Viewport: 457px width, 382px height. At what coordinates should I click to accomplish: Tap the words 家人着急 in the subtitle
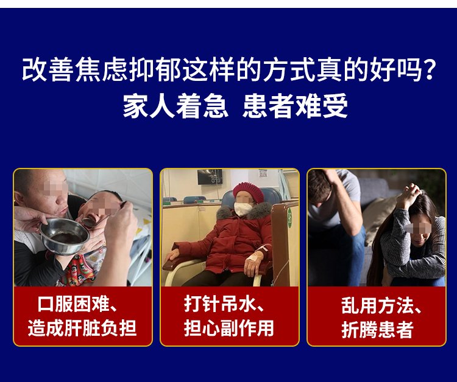175,106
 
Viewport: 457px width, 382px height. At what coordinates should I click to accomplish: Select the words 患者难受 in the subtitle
296,106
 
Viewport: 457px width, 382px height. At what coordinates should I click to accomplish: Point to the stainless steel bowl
64,236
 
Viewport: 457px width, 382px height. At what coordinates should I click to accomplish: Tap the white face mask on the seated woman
243,209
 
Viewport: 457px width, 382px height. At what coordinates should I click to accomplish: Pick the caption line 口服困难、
78,304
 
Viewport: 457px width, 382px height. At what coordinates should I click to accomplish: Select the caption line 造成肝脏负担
82,328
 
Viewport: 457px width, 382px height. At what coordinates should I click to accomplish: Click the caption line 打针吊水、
224,304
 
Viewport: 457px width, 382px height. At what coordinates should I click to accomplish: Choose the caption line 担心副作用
228,328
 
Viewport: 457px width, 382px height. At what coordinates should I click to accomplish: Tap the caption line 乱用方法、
382,306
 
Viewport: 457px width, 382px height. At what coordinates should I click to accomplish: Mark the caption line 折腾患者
377,329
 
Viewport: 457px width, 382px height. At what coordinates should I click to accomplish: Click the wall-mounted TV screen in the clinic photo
210,176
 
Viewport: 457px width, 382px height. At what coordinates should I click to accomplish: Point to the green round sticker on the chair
289,218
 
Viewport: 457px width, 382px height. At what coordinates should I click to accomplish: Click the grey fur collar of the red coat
244,212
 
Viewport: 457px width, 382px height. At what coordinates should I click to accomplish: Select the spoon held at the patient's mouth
102,216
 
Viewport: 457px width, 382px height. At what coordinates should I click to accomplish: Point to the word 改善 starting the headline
47,69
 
